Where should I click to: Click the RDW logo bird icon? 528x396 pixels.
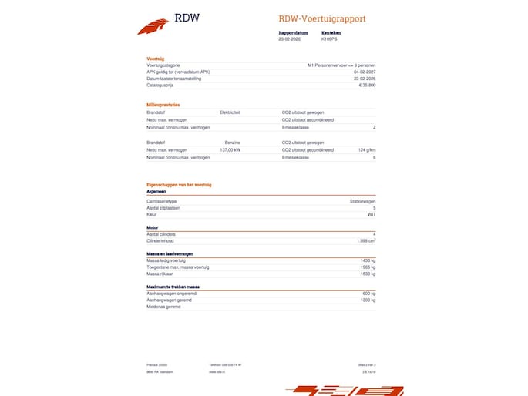(153, 26)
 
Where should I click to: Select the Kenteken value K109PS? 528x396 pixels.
(331, 39)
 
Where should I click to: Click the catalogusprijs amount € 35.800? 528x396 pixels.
(367, 86)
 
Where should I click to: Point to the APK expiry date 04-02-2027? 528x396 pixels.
(365, 72)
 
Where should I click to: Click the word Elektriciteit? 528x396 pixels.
(230, 112)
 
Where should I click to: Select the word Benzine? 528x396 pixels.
(232, 143)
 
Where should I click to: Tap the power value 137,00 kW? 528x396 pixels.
(230, 150)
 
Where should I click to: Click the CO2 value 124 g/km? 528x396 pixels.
(367, 150)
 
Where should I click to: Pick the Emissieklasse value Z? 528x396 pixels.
(374, 127)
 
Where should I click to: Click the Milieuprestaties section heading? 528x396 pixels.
(163, 104)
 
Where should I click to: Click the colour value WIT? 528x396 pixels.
(372, 214)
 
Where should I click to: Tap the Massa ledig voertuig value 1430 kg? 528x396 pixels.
(368, 260)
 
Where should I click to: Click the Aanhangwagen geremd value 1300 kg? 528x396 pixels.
(368, 300)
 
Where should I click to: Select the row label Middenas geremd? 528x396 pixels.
(163, 307)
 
